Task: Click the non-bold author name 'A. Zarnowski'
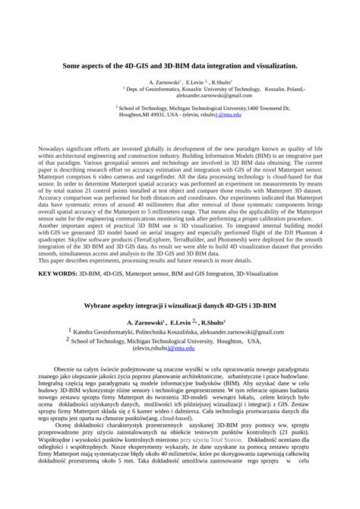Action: click(163, 81)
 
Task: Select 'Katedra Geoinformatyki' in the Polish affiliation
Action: click(106, 332)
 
